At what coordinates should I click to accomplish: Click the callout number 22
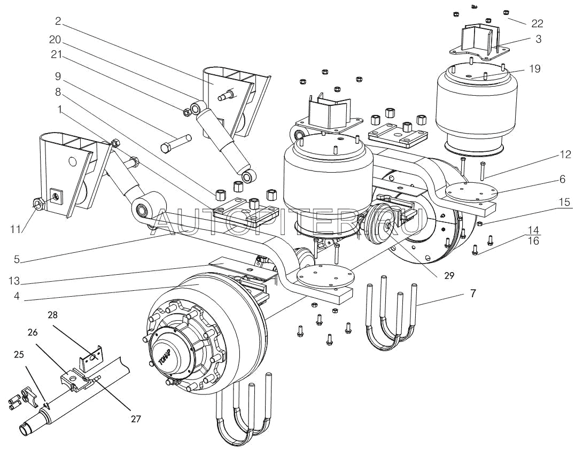point(537,23)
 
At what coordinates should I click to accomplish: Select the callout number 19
point(535,68)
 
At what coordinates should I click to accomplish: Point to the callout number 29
point(448,276)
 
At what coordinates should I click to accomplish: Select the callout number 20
point(56,40)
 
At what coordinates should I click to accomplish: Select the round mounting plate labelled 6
point(470,192)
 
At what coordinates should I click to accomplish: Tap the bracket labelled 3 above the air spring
point(477,42)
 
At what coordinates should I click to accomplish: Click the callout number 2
point(57,22)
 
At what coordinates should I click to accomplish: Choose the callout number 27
point(136,419)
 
